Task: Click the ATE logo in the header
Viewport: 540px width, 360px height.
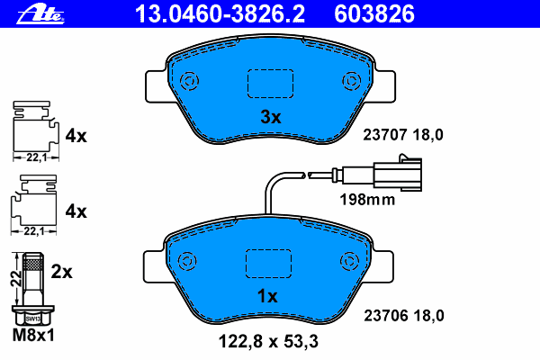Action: click(x=40, y=15)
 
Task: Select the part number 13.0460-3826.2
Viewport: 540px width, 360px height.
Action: click(x=220, y=14)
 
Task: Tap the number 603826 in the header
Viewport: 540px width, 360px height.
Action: click(x=374, y=14)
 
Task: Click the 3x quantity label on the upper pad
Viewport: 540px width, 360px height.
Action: click(x=271, y=117)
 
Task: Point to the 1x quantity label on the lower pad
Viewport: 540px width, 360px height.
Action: click(x=267, y=296)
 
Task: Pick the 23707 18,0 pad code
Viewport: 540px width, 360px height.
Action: click(x=403, y=135)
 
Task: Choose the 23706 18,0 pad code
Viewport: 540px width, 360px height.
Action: click(x=404, y=316)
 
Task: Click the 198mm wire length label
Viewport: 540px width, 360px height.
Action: click(x=367, y=200)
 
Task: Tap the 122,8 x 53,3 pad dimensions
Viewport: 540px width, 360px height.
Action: click(x=268, y=342)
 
